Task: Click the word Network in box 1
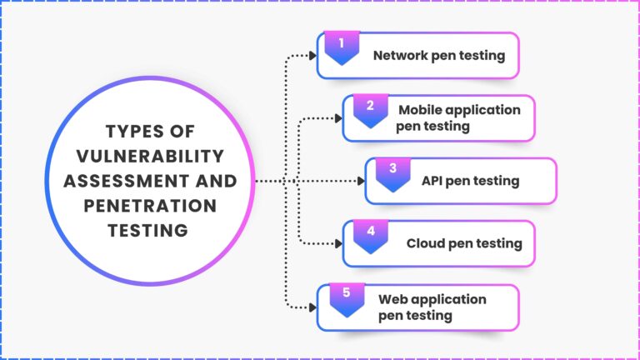coord(400,56)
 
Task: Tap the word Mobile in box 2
coord(420,110)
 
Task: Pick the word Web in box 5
coord(393,299)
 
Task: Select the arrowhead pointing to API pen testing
coord(361,181)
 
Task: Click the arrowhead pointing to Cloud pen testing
coord(338,243)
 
